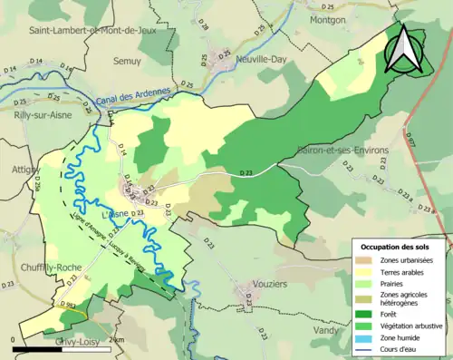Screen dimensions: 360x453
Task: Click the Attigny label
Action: (x=20, y=170)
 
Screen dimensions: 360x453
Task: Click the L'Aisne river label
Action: (x=119, y=213)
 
